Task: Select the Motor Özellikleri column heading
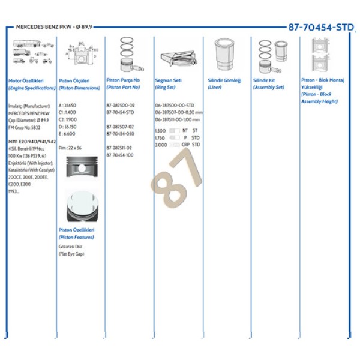(23, 80)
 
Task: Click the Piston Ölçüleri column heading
(74, 80)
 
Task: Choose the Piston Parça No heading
(123, 80)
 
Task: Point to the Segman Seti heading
(168, 80)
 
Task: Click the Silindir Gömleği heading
(224, 80)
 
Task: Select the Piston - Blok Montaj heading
(323, 80)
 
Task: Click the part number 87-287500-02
(121, 105)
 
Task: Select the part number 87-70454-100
(121, 155)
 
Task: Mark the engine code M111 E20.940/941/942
(32, 141)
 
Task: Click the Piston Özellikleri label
(76, 230)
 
